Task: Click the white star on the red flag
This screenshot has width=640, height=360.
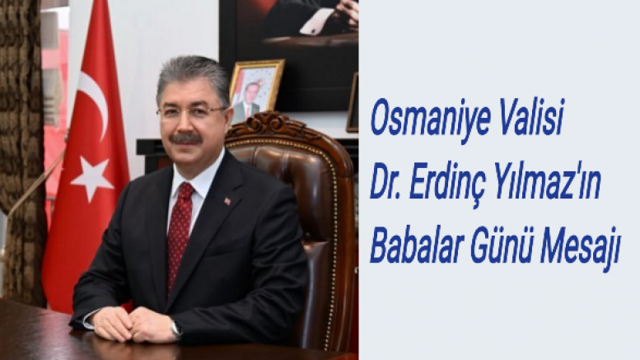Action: point(91,178)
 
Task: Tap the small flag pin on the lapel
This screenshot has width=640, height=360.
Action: point(227,201)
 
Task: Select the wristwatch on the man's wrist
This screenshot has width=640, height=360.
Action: point(175,329)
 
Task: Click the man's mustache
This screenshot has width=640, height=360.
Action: point(185,138)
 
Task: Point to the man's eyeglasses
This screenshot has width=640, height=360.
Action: point(190,111)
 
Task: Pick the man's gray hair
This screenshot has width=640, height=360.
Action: point(194,75)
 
